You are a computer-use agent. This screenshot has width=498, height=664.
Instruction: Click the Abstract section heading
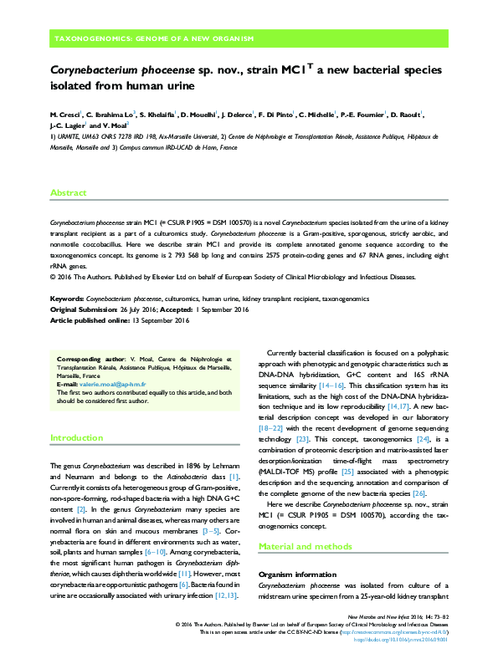69,193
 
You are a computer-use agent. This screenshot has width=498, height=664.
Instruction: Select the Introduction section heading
77,437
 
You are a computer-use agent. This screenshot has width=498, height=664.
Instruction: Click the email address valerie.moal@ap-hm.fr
100,384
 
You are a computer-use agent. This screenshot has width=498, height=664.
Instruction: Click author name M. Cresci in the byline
65,114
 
